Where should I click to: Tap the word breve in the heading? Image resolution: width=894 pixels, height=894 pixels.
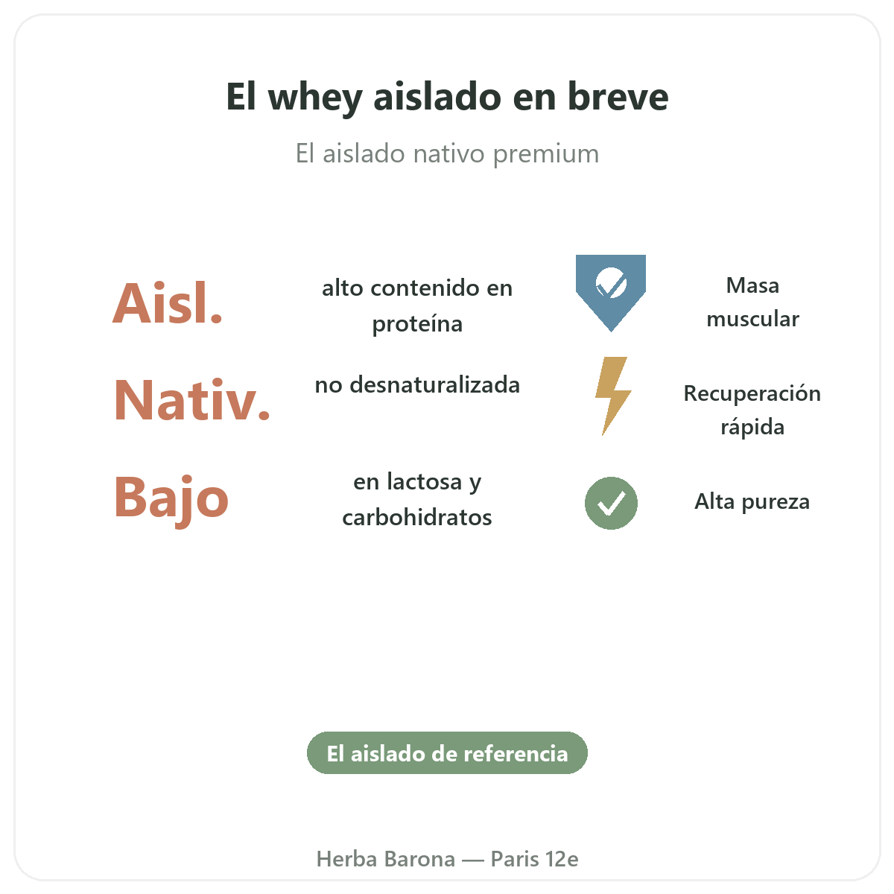click(x=618, y=97)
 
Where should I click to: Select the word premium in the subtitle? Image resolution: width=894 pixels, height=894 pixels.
click(x=545, y=154)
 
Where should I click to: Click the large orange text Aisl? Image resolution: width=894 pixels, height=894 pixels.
click(x=168, y=303)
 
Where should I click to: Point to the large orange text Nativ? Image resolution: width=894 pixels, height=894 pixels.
click(x=191, y=399)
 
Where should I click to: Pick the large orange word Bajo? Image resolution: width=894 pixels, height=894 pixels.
click(x=171, y=499)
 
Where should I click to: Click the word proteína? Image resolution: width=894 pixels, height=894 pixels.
click(x=417, y=324)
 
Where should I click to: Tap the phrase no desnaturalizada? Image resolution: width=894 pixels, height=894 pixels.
click(x=417, y=384)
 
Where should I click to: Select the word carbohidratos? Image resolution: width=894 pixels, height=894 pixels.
click(x=417, y=517)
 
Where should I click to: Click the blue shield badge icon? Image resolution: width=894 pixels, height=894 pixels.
click(x=611, y=293)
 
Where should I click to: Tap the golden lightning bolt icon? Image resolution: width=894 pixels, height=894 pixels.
click(x=612, y=396)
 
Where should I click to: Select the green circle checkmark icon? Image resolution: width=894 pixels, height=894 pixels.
click(x=611, y=503)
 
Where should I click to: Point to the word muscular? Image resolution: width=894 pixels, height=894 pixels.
click(x=752, y=319)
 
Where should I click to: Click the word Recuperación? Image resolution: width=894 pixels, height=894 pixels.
click(x=752, y=394)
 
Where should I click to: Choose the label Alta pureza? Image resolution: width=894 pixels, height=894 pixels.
click(x=752, y=502)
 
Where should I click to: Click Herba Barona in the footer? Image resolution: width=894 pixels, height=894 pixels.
click(x=385, y=859)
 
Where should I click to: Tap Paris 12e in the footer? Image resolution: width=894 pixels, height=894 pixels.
click(x=534, y=859)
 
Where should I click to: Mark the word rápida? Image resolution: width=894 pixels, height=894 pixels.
click(x=752, y=427)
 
